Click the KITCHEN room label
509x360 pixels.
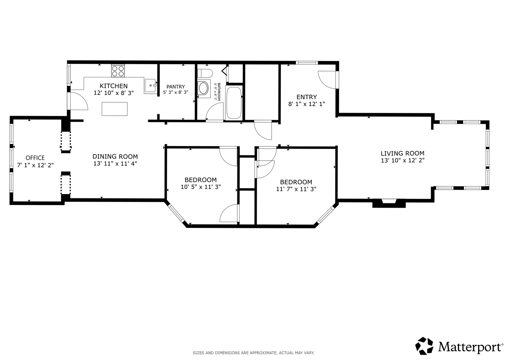click(114, 86)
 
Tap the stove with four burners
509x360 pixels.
click(118, 71)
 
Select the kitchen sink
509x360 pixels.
click(150, 86)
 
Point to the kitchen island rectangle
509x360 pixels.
click(115, 109)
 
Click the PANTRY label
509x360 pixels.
click(176, 87)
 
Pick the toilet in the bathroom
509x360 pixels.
click(205, 73)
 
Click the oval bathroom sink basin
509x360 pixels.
click(203, 89)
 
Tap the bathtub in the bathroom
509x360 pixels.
click(234, 103)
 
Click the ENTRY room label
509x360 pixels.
click(307, 97)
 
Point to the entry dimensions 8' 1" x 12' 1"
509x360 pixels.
click(307, 104)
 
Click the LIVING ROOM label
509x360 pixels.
click(402, 153)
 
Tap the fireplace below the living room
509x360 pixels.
click(389, 203)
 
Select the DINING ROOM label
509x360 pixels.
click(115, 157)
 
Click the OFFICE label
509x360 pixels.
click(35, 158)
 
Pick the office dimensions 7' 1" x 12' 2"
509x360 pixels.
click(35, 165)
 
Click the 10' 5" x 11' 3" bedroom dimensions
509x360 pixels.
click(201, 187)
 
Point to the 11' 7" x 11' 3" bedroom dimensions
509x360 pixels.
click(296, 189)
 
